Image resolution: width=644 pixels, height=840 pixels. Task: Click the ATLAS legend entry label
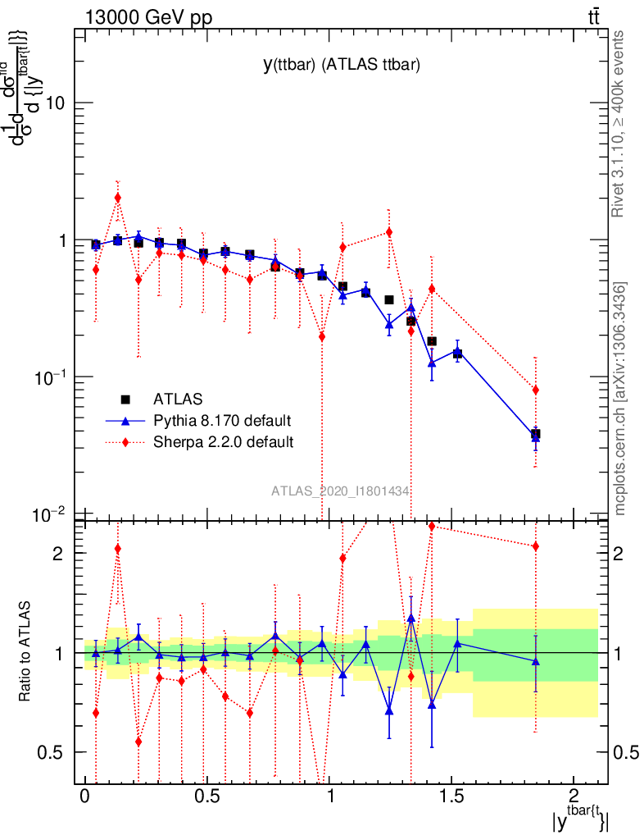click(178, 399)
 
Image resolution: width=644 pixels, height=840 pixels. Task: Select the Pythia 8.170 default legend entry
click(221, 421)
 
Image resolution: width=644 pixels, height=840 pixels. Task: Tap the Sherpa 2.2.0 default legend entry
click(223, 442)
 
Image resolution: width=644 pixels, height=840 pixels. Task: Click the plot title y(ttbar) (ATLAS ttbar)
click(341, 66)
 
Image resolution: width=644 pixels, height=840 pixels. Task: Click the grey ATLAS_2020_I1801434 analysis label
click(340, 491)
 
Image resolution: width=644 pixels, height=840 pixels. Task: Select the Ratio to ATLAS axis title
click(25, 652)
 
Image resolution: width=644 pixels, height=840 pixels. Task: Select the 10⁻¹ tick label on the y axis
click(50, 377)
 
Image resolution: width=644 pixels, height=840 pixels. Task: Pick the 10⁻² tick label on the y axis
click(50, 514)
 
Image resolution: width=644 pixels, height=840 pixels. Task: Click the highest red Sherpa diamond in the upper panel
click(117, 197)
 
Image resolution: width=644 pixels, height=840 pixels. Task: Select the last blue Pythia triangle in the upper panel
click(536, 437)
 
